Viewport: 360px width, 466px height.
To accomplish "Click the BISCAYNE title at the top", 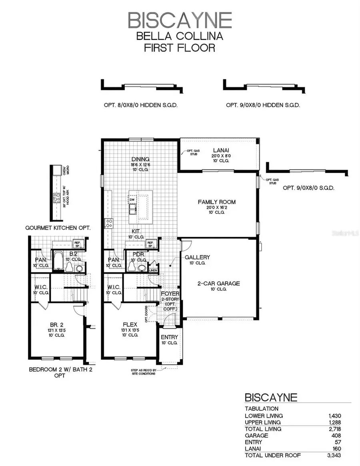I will (x=180, y=20).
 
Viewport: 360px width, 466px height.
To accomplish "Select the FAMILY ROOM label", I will (x=217, y=202).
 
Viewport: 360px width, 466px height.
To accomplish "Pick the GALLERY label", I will (x=197, y=257).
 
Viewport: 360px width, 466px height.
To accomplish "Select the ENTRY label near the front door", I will (x=169, y=337).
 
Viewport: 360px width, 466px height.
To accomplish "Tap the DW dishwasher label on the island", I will (x=132, y=200).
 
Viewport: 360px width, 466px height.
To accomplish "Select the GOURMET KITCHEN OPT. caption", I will (x=58, y=228).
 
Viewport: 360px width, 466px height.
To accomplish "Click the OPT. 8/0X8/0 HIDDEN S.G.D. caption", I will (x=140, y=105).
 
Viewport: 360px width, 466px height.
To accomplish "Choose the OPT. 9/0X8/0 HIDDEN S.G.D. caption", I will (x=263, y=105).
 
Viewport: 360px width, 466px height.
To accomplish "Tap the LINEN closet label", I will (x=153, y=270).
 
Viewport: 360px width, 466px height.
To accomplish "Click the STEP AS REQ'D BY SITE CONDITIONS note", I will (x=143, y=372).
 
